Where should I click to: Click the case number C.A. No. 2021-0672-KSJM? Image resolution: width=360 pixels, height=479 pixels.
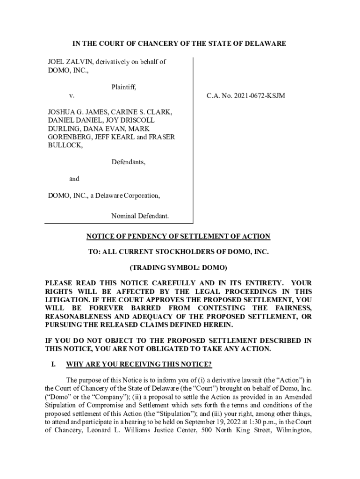pyautogui.click(x=246, y=96)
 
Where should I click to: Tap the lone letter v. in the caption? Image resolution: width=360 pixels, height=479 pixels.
pyautogui.click(x=71, y=96)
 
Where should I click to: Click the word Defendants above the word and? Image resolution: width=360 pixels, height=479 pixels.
pyautogui.click(x=128, y=162)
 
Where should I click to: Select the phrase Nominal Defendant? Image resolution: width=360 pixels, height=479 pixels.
pyautogui.click(x=140, y=216)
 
